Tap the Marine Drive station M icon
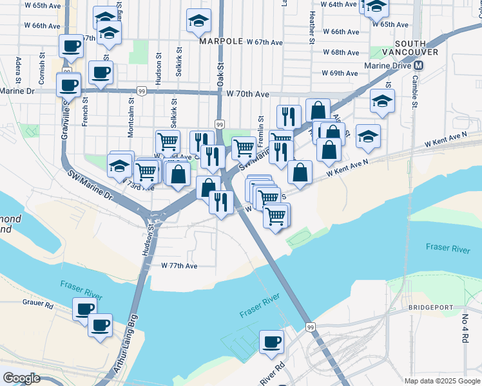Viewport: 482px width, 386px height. pos(419,66)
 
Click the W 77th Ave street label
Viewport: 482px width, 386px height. pos(179,265)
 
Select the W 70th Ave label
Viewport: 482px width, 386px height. pos(248,94)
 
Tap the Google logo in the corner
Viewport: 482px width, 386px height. pos(21,378)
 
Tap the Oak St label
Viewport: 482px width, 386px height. pos(220,73)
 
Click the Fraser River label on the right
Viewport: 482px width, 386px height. pos(447,248)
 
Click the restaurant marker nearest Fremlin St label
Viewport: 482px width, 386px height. pos(288,116)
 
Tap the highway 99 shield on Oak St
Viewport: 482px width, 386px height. pos(220,124)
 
